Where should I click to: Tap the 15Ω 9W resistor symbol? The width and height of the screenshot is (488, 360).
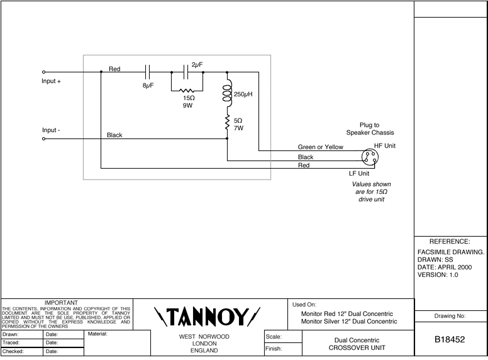pos(187,90)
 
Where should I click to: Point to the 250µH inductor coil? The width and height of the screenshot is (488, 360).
pos(227,94)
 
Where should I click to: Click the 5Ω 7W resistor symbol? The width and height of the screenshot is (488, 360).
pos(227,124)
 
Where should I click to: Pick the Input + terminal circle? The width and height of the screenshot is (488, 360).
pos(44,72)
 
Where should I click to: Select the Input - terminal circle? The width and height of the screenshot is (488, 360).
pos(44,139)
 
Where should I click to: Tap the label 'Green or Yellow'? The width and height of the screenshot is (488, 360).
pos(321,147)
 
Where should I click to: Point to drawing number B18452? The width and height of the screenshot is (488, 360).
pos(450,340)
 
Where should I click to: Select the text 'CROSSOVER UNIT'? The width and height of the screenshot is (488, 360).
pos(359,348)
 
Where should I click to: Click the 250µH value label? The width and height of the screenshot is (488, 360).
pos(243,94)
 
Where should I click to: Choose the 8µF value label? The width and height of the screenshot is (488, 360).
pos(148,84)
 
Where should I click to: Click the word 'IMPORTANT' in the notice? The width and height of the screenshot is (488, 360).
pos(67,303)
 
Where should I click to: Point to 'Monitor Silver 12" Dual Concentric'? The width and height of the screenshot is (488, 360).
pos(349,322)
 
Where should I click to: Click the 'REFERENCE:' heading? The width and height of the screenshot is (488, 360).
pos(450,241)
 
